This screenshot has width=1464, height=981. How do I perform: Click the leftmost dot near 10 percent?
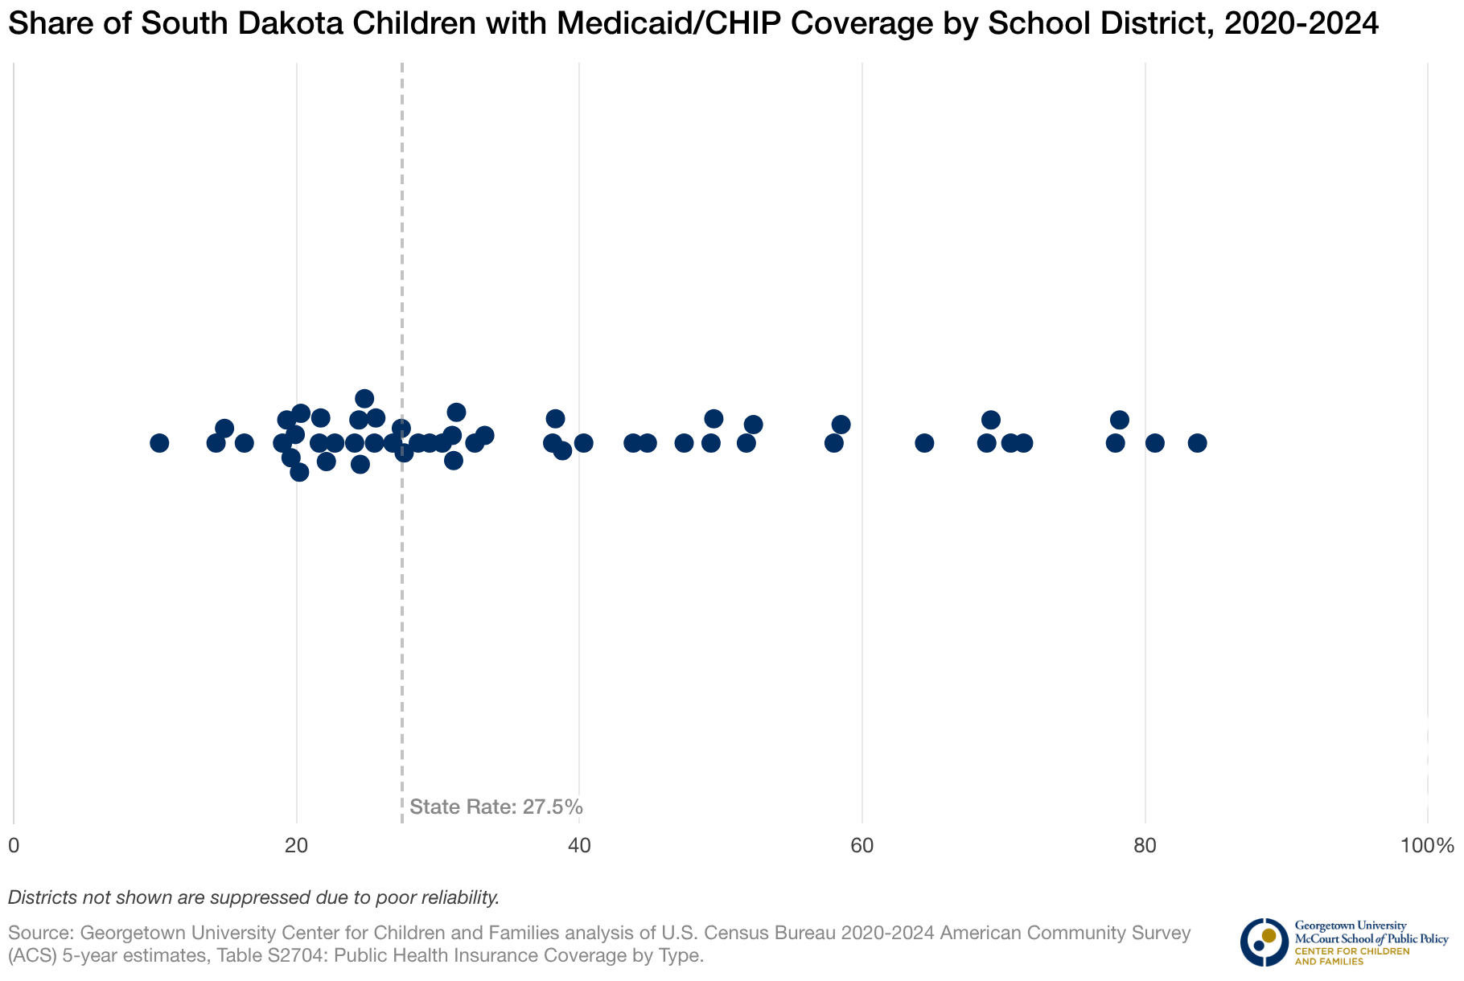[159, 443]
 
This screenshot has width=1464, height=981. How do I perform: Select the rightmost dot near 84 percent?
[1197, 443]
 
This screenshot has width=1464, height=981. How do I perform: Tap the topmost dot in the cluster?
[364, 399]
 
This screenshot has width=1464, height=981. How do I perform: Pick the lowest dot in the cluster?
[299, 472]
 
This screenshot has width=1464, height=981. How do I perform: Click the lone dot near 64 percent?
[924, 443]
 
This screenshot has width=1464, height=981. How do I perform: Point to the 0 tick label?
[14, 846]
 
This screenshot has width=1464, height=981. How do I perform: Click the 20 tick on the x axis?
[297, 846]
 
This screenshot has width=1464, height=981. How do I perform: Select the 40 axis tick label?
[579, 846]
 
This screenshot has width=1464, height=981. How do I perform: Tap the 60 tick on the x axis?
[862, 846]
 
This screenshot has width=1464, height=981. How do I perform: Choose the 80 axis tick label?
[1145, 846]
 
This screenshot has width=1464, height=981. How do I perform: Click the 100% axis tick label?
[1427, 846]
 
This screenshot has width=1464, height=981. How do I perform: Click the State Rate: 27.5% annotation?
[496, 807]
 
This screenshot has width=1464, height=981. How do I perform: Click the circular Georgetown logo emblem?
[1264, 942]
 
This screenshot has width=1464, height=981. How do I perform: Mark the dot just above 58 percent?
[841, 425]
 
